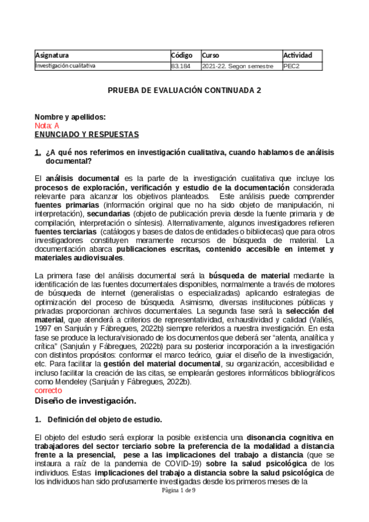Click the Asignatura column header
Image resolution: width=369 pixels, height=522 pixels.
[x=52, y=55]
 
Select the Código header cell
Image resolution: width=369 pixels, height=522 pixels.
[x=182, y=55]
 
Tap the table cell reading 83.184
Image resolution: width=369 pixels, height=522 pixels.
[x=180, y=65]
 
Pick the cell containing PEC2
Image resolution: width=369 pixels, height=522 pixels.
[x=291, y=65]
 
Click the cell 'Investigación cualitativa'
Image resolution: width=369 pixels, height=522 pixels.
[x=65, y=65]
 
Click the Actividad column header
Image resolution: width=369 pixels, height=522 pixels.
[x=298, y=55]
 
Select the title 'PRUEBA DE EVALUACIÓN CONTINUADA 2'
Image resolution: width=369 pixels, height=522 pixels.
[x=184, y=90]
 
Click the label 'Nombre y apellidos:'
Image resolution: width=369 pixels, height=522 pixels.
[x=70, y=117]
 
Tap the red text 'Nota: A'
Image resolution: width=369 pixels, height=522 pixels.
[x=47, y=126]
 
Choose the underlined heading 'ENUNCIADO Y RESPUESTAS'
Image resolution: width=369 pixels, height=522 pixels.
[x=86, y=134]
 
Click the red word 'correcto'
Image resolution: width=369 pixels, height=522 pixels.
[x=49, y=390]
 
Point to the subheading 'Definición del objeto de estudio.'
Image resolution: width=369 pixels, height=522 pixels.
[x=105, y=420]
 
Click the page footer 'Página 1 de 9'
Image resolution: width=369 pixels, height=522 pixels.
[x=179, y=490]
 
